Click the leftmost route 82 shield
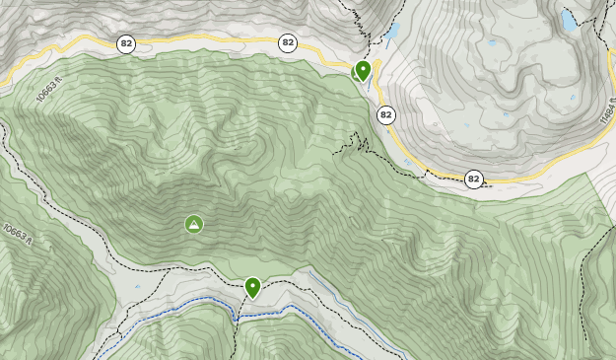click(125, 43)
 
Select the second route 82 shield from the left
click(288, 42)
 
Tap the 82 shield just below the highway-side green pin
click(385, 115)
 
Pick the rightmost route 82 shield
click(474, 179)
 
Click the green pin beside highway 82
click(363, 70)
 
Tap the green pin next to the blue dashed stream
click(252, 287)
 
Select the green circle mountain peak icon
click(194, 225)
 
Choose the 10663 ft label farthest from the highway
click(17, 235)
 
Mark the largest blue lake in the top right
click(569, 19)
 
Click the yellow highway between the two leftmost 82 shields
click(207, 41)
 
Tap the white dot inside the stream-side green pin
click(252, 285)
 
